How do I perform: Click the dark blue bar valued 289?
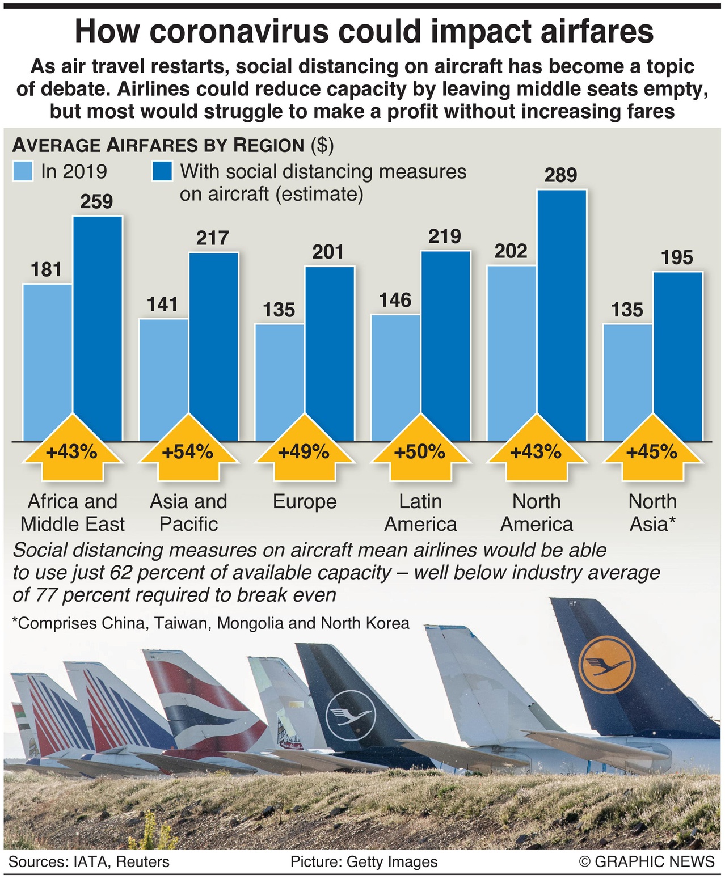point(562,315)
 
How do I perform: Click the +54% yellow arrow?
point(188,453)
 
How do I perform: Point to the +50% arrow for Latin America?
point(420,453)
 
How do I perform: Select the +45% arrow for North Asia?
point(652,453)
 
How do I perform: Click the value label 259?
point(96,202)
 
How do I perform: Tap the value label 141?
point(163,305)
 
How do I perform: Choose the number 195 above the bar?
point(677,258)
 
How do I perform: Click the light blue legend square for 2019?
point(23,171)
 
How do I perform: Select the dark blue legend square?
point(162,171)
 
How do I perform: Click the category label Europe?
point(305,502)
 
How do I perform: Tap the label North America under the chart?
point(536,513)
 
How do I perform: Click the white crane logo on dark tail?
point(350,712)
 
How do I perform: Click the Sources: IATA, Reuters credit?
point(89,862)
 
